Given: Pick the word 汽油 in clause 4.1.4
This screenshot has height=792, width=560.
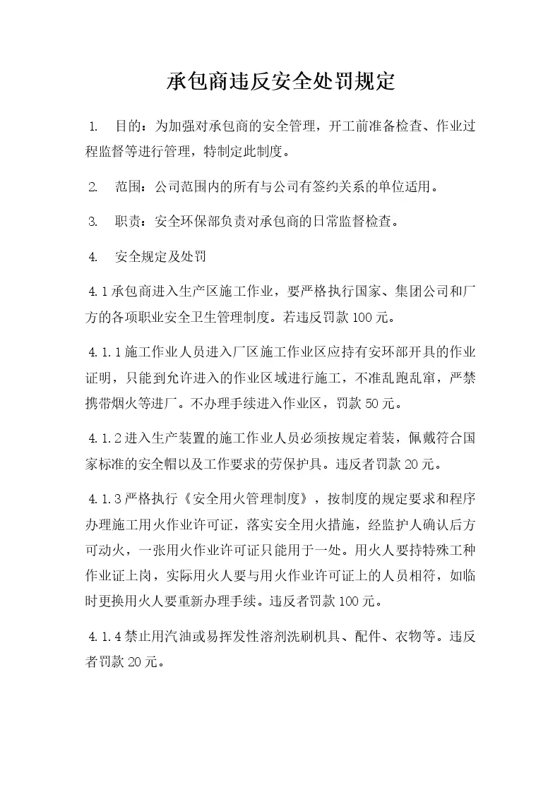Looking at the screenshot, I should (x=184, y=637).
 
